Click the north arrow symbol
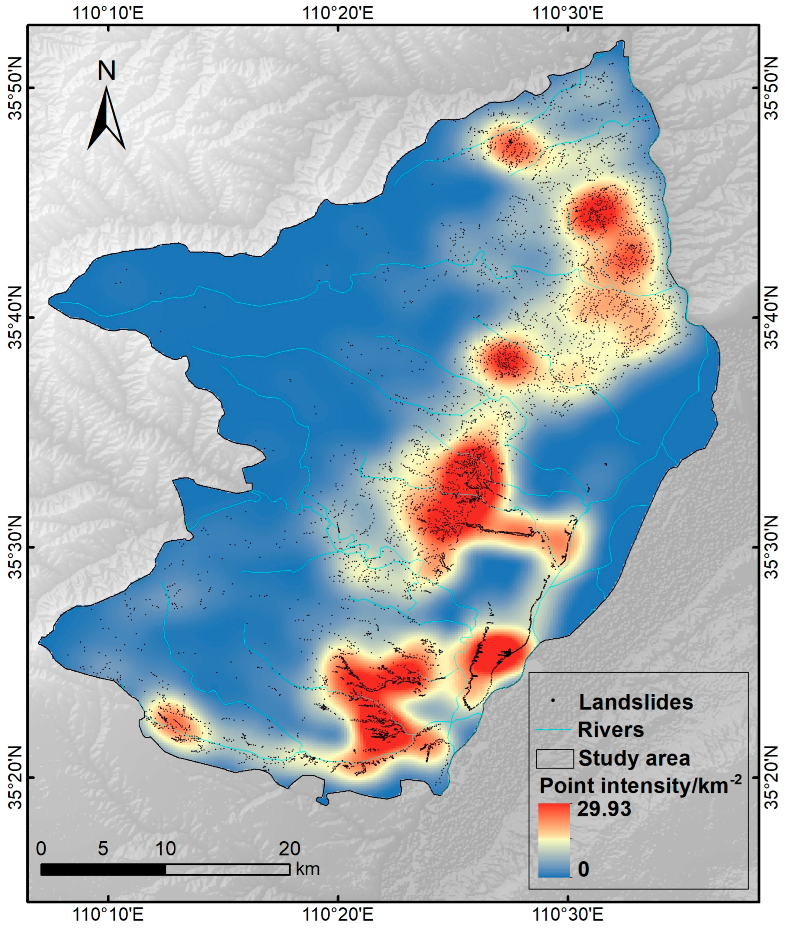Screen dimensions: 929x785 pyautogui.click(x=106, y=118)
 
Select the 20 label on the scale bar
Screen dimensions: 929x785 pyautogui.click(x=289, y=849)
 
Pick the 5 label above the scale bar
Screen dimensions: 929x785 pyautogui.click(x=103, y=849)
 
